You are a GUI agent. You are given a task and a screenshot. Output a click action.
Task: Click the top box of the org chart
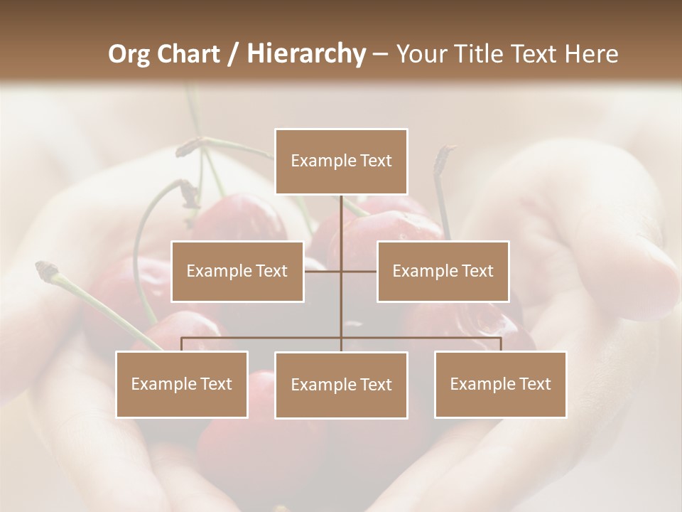pos(341,161)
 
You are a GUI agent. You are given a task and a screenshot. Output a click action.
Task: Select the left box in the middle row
pos(237,271)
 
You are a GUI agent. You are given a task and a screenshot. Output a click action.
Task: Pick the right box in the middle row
pos(443,271)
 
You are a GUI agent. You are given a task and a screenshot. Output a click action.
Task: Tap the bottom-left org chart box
pos(182,384)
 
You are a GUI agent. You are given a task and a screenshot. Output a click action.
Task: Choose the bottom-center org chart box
pos(341,385)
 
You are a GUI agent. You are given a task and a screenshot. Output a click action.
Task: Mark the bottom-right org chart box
pos(500,384)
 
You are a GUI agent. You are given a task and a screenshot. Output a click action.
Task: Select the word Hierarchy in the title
pos(305,54)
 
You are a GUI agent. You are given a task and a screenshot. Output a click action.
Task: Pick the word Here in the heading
pos(591,54)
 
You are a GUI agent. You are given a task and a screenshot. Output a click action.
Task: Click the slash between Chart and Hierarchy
pos(233,54)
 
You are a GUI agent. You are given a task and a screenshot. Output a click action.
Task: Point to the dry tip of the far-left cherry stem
pos(47,268)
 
